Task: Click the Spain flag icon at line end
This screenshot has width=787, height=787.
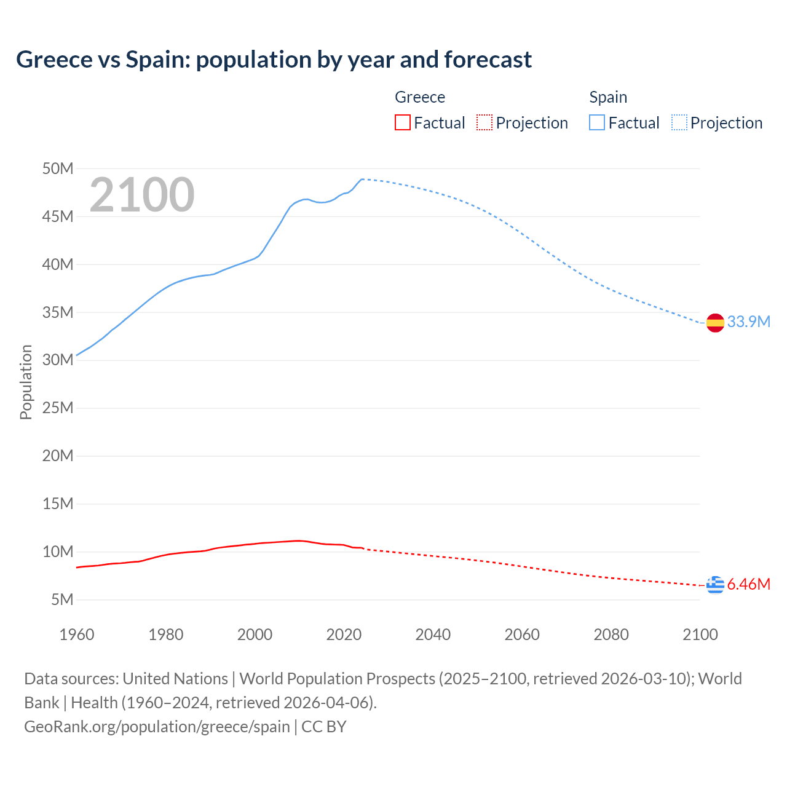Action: pos(715,322)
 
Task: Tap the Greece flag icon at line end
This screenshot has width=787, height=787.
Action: pos(715,585)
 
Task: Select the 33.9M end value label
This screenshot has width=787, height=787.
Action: pos(749,322)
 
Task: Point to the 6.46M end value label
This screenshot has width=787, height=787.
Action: pos(749,584)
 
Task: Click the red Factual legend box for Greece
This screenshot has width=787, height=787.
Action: pos(402,122)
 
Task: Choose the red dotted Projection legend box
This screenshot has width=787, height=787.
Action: pos(484,122)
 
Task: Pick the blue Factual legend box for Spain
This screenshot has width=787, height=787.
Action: pos(596,122)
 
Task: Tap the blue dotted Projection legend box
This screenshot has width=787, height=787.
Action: pos(679,122)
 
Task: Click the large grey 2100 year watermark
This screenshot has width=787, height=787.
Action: pos(142,195)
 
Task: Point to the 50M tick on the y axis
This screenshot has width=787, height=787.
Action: pos(58,168)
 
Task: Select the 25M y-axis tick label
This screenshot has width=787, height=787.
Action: pos(58,408)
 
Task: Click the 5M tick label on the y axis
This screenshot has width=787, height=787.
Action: pos(62,599)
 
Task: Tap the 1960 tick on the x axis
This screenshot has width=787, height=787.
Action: pos(77,635)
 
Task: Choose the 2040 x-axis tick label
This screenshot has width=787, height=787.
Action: pos(433,635)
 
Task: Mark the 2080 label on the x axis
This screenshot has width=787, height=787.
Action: pos(611,635)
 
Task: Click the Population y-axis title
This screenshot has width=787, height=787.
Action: pos(26,382)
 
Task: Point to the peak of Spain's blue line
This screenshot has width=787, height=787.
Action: pos(362,179)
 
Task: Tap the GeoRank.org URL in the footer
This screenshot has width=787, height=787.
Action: pos(157,726)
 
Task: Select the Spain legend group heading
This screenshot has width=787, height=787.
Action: pos(608,97)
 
